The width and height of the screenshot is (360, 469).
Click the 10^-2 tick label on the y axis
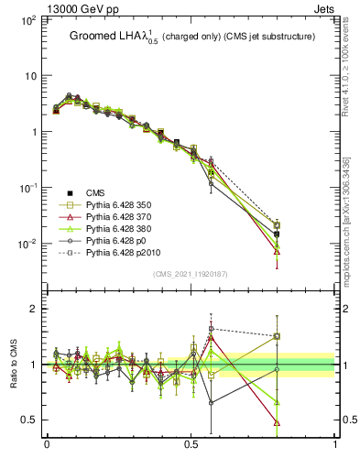[27, 244]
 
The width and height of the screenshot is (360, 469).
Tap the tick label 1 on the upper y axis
[33, 132]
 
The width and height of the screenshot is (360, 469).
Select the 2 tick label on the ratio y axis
[33, 309]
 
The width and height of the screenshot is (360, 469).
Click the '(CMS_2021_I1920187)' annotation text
[190, 274]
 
